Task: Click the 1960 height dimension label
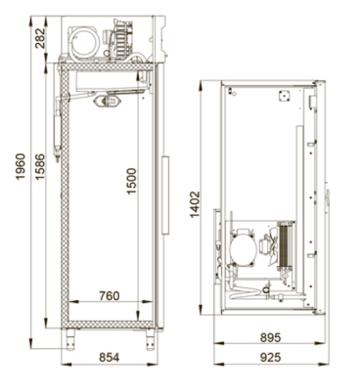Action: (21, 166)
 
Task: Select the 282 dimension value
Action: (40, 38)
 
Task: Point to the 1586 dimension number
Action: (40, 166)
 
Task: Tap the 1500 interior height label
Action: (131, 181)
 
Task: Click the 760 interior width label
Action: (110, 296)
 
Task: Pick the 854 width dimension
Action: (110, 357)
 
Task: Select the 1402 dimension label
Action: (195, 204)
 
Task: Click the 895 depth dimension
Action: (270, 337)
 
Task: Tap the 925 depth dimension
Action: (270, 357)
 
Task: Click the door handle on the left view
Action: (165, 195)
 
